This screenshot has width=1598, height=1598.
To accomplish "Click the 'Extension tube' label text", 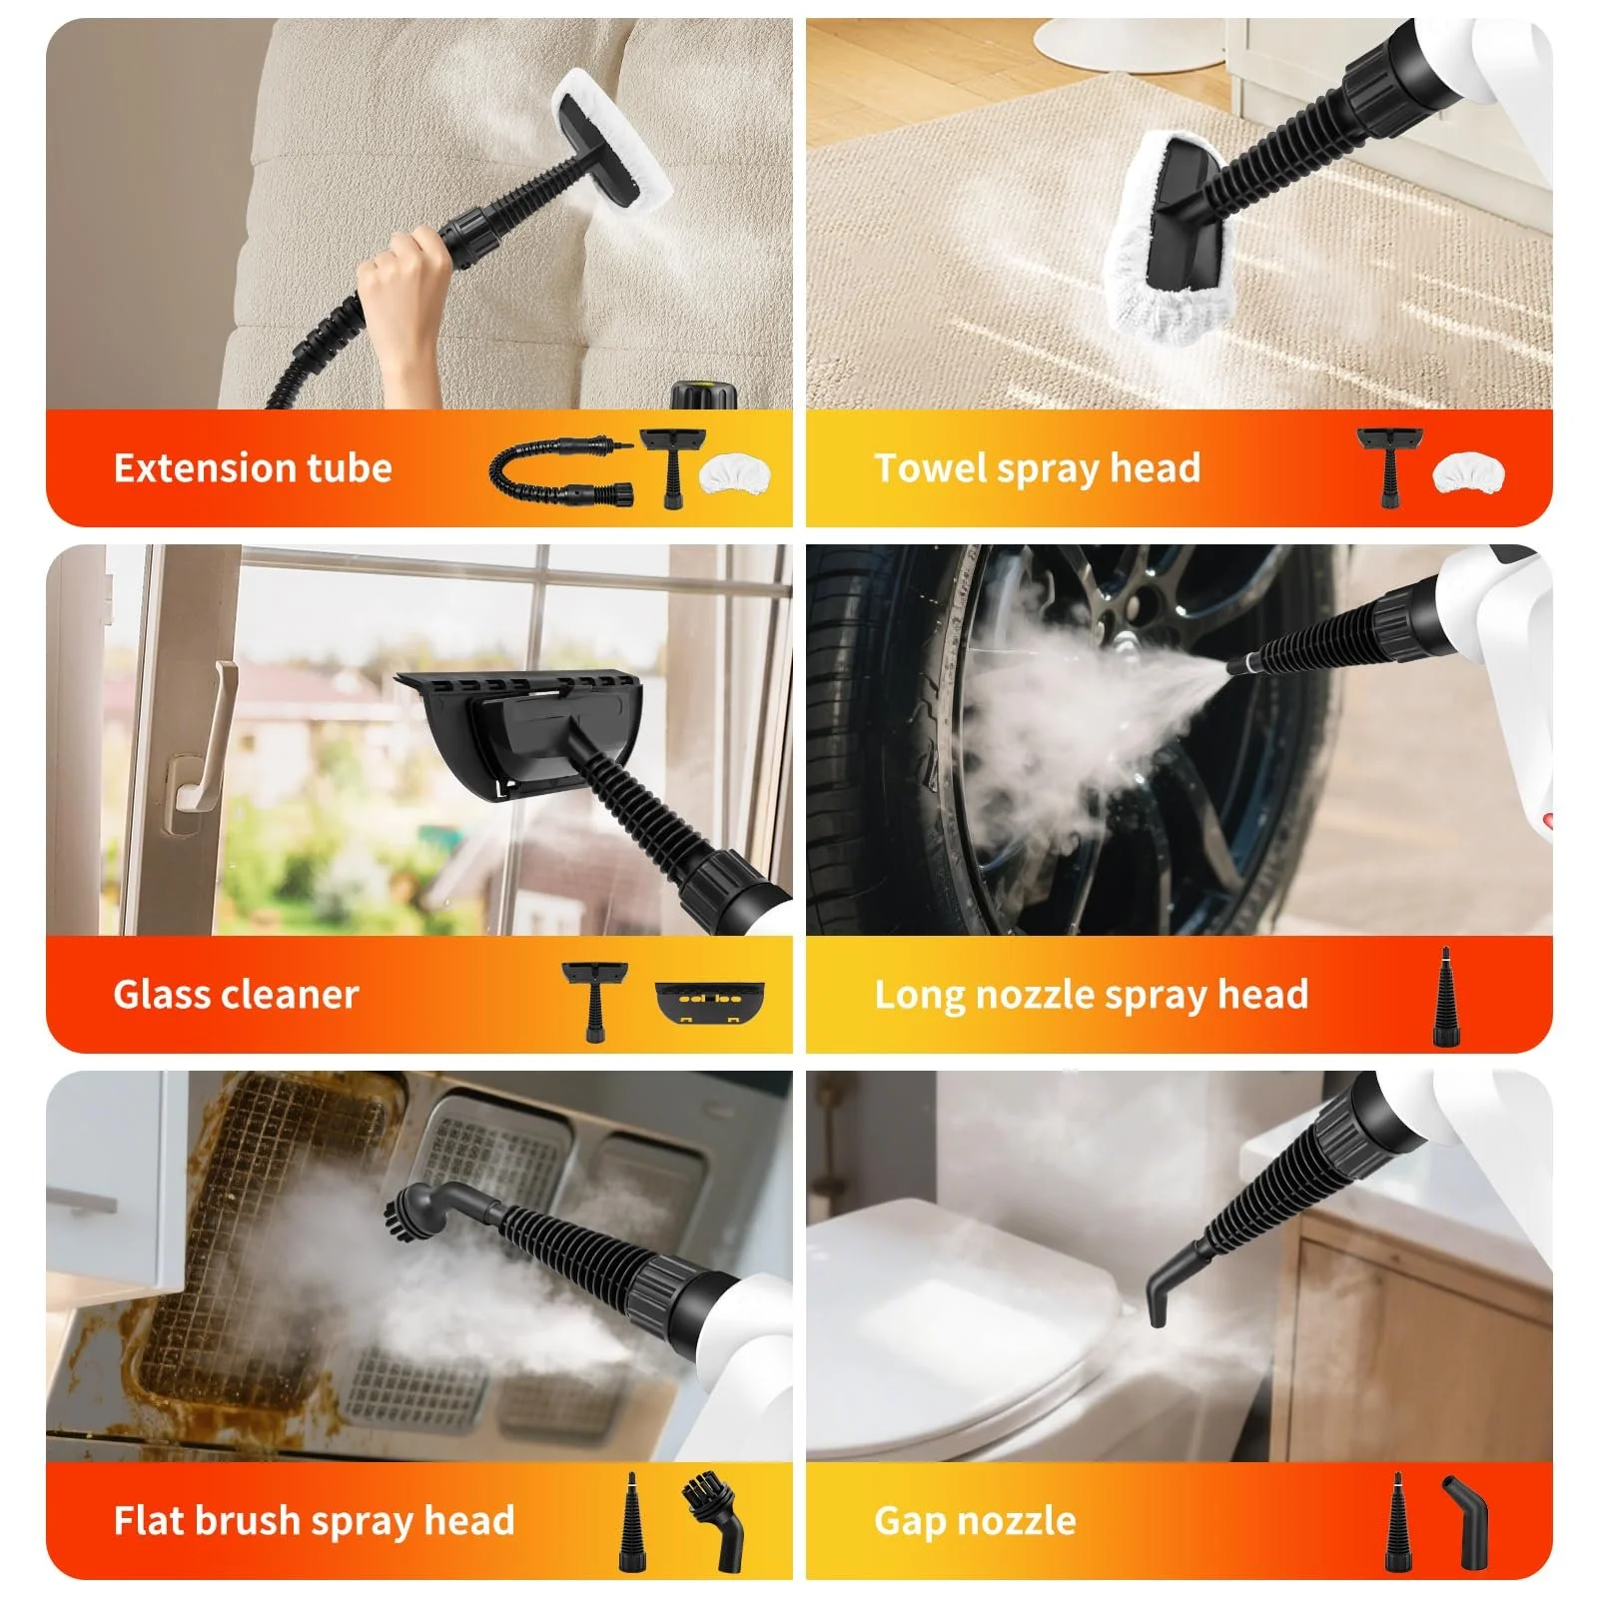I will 253,468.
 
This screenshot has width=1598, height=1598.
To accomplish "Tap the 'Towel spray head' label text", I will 1037,468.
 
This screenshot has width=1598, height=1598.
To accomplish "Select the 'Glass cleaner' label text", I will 236,995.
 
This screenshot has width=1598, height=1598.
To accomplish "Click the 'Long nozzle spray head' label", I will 1091,995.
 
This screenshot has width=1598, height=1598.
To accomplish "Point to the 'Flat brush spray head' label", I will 314,1521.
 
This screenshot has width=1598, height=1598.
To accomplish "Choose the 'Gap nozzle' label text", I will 975,1521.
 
